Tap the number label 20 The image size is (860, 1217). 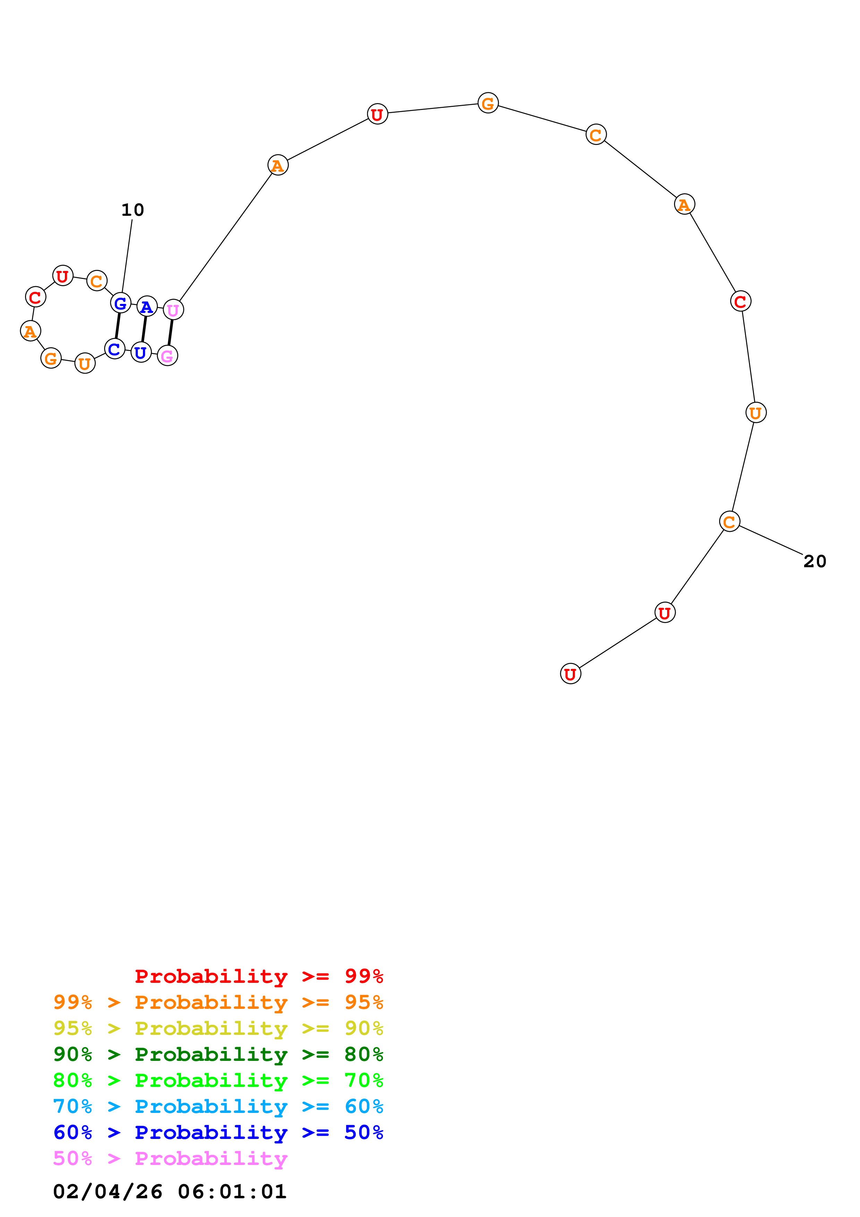(815, 561)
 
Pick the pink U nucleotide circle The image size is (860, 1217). (173, 310)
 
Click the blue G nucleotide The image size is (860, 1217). (121, 303)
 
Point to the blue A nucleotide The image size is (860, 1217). (147, 306)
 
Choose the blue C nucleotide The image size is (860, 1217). (114, 349)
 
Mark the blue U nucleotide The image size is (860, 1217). (141, 352)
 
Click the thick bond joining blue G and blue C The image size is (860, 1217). (118, 326)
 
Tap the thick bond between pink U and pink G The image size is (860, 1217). (170, 333)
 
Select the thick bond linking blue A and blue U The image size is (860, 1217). (144, 329)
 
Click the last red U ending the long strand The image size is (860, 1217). (570, 674)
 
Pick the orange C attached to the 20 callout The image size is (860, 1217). (729, 521)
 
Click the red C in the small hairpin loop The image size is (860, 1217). (35, 297)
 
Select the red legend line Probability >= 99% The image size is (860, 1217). (258, 976)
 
